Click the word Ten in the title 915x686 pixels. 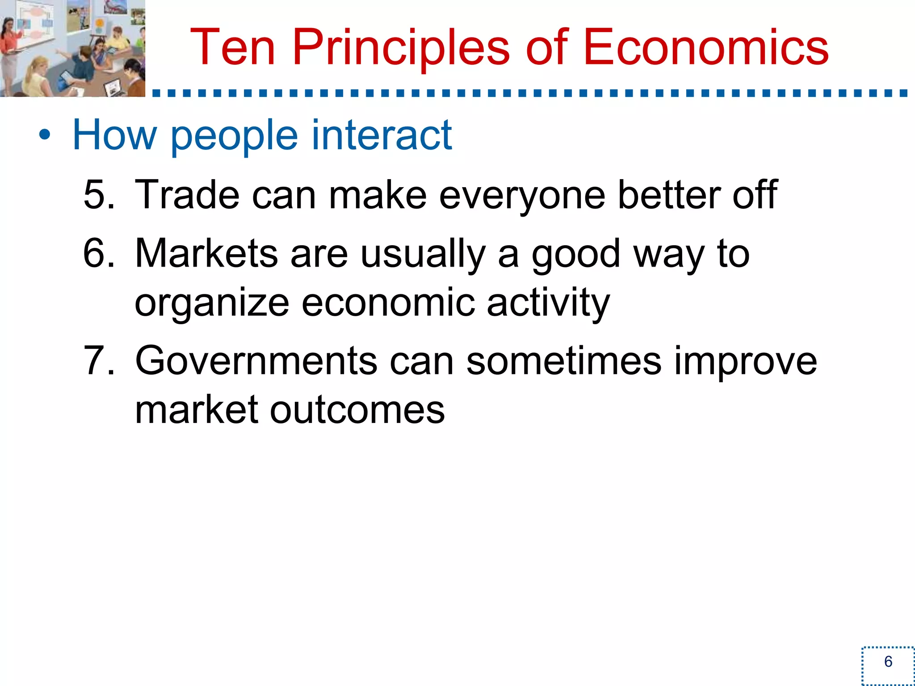[x=232, y=47]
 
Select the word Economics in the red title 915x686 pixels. [x=705, y=47]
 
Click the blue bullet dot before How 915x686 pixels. [x=44, y=134]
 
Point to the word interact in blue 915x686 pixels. [x=382, y=134]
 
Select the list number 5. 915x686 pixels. [x=99, y=195]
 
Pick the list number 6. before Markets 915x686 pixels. [x=99, y=253]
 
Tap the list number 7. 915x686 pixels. [x=99, y=361]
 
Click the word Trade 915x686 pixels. [x=187, y=195]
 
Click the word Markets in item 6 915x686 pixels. [x=206, y=253]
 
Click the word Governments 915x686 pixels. [x=256, y=361]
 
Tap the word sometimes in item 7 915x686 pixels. [x=563, y=361]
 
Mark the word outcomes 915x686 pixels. [x=357, y=410]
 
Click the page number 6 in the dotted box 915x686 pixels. [x=888, y=662]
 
